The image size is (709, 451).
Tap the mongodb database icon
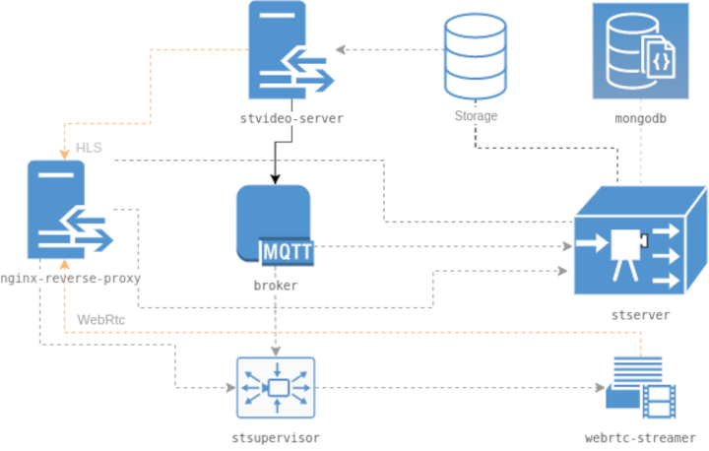[640, 51]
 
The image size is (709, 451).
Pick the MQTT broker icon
[275, 225]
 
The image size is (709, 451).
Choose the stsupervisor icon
[276, 387]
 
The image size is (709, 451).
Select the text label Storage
[476, 116]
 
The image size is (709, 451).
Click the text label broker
[275, 286]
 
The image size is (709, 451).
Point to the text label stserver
[640, 315]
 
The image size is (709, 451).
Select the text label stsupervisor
[276, 436]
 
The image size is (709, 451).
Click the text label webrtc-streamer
[640, 436]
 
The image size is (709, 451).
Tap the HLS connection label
[89, 148]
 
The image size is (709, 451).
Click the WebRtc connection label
[100, 319]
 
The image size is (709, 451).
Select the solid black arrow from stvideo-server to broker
[276, 158]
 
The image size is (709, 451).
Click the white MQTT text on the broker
[288, 253]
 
